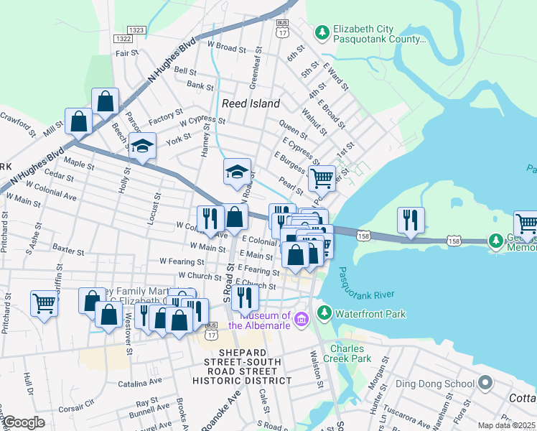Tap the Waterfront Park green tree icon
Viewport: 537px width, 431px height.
click(x=324, y=313)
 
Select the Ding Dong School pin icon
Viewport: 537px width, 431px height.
click(x=486, y=384)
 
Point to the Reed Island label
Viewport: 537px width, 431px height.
click(x=251, y=103)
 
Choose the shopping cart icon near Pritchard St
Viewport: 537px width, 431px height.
click(x=44, y=302)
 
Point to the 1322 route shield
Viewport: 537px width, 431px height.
click(x=122, y=39)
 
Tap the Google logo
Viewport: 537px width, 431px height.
click(x=24, y=422)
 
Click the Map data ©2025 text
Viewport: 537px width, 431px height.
click(x=507, y=425)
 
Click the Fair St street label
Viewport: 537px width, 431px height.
click(x=126, y=52)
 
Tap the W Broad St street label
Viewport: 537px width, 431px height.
click(x=226, y=47)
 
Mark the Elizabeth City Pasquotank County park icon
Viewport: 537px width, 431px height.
click(x=322, y=32)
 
